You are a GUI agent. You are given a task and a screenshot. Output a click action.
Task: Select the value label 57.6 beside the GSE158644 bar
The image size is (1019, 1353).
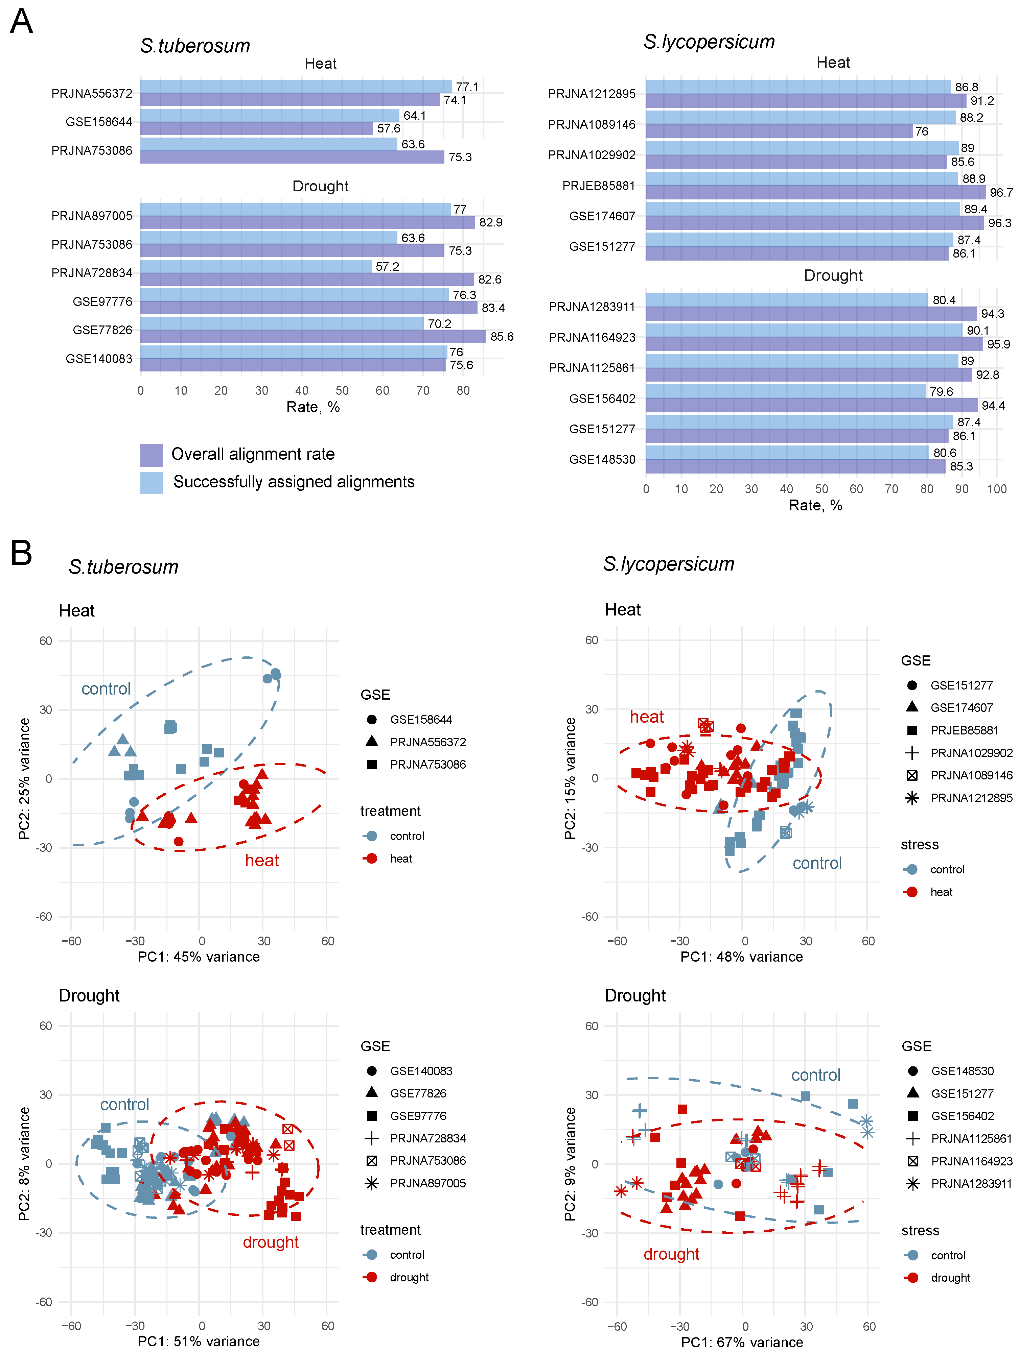click(x=389, y=128)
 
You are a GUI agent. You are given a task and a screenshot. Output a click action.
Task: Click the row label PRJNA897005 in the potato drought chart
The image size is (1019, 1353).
click(x=92, y=216)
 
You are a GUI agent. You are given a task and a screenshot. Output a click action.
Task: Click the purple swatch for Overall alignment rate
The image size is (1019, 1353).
click(x=151, y=455)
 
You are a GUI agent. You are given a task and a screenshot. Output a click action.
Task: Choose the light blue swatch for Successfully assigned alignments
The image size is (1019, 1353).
click(x=151, y=482)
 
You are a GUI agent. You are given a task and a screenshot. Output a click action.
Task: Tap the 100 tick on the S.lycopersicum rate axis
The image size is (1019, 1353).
click(x=996, y=489)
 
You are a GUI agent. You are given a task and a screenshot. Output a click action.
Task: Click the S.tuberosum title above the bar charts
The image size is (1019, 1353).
click(x=194, y=46)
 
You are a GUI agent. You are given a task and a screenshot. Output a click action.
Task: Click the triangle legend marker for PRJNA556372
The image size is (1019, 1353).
click(x=371, y=741)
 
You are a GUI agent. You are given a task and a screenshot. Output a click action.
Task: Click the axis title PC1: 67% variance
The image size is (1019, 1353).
click(x=742, y=1342)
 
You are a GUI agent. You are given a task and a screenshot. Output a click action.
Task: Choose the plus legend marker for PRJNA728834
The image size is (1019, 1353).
click(x=371, y=1138)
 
